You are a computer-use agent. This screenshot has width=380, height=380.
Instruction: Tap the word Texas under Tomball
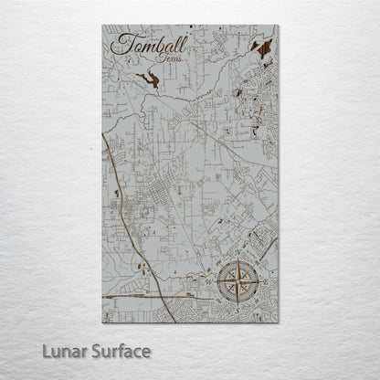tap(169, 58)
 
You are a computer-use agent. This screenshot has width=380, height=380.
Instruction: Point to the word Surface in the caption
tap(121, 350)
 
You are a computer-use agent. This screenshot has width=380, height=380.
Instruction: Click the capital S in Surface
tap(99, 350)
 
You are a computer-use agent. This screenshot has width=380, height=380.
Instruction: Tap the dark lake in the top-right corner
tap(263, 44)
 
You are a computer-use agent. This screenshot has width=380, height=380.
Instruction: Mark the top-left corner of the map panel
tap(103, 26)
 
